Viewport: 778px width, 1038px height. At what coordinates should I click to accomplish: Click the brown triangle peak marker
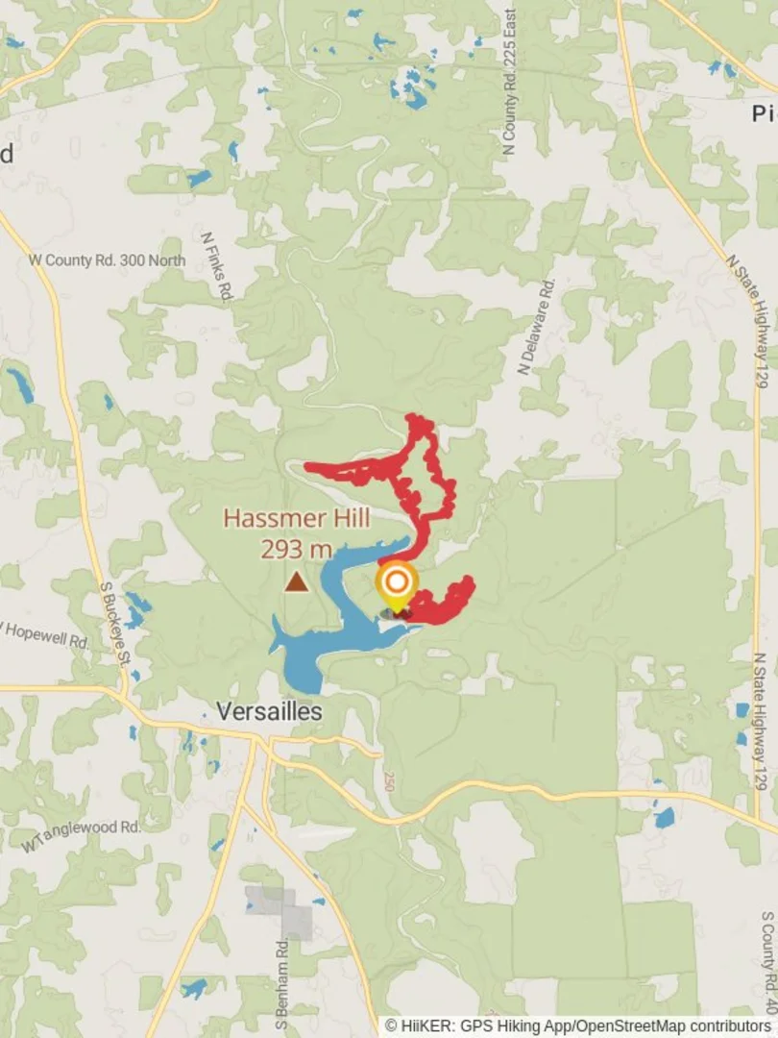pyautogui.click(x=297, y=581)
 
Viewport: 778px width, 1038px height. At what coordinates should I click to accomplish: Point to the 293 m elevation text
pyautogui.click(x=296, y=550)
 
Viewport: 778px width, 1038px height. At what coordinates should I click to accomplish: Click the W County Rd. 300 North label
pyautogui.click(x=107, y=259)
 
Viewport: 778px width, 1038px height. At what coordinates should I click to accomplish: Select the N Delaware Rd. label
pyautogui.click(x=536, y=327)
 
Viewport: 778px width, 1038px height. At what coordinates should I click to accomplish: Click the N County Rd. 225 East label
pyautogui.click(x=509, y=82)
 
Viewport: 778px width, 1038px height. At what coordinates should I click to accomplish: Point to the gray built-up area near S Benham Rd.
pyautogui.click(x=283, y=911)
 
